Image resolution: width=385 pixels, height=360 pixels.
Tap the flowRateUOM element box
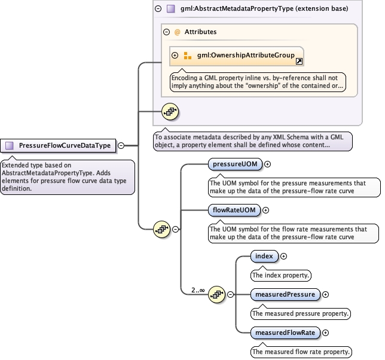(x=234, y=210)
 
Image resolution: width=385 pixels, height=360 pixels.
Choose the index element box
(x=264, y=257)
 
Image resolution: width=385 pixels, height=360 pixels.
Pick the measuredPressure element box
(x=285, y=294)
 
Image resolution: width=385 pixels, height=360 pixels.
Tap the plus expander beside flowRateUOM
(x=266, y=210)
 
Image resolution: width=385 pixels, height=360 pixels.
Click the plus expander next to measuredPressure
(x=326, y=294)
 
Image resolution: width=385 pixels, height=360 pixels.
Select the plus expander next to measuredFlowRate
(x=326, y=332)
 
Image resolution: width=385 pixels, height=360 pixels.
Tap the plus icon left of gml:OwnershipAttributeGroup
(x=175, y=56)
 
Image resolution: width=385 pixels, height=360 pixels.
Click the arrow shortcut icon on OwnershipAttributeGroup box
(x=300, y=62)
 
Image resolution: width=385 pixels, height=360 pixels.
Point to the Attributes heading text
(x=201, y=32)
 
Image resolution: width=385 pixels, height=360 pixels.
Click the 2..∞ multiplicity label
(x=198, y=291)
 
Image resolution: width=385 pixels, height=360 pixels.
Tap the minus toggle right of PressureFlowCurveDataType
(x=121, y=145)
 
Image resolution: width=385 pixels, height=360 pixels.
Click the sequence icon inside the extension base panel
(x=170, y=112)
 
